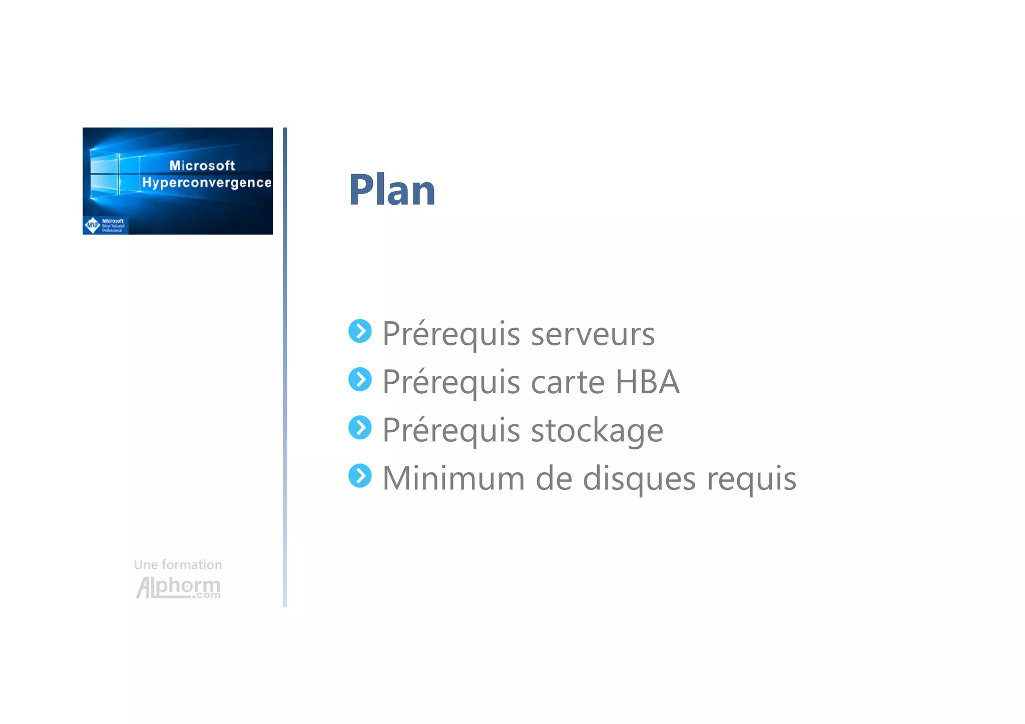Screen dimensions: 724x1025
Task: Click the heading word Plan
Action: coord(392,190)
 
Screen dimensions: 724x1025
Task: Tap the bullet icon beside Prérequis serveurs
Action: coord(360,331)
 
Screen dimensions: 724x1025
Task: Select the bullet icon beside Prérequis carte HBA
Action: coord(360,379)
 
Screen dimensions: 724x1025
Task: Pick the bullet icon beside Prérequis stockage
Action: coord(360,428)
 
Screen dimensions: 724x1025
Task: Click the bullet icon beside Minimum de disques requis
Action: coord(360,476)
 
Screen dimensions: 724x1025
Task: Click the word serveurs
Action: coord(593,334)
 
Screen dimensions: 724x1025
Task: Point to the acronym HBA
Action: coord(647,382)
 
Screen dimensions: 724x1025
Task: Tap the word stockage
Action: coord(597,431)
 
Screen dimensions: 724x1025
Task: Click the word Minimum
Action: coord(453,479)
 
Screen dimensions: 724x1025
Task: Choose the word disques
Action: coord(639,479)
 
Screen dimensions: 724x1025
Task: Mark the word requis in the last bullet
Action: coord(751,479)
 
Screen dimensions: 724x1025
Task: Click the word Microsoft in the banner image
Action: coord(202,166)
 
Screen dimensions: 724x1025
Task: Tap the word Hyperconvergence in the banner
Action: coord(207,183)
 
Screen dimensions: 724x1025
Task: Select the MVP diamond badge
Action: coord(93,225)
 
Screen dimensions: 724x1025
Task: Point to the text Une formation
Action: coord(178,565)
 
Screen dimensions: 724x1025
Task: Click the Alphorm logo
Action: coord(178,587)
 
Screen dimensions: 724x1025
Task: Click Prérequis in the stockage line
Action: coord(451,431)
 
